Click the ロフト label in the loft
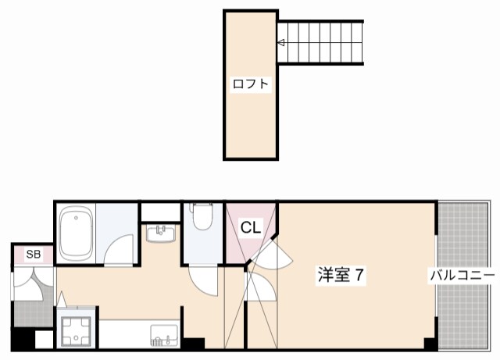251,84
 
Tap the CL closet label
250,228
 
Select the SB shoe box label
33,255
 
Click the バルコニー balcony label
462,276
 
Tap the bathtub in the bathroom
77,233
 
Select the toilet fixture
202,217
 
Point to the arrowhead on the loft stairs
280,44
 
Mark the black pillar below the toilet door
193,343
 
